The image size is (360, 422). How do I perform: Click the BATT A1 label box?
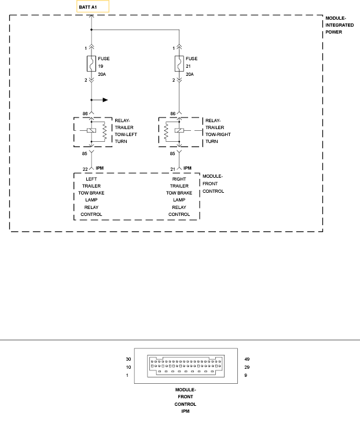[93, 7]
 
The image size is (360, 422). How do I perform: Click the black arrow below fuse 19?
[105, 100]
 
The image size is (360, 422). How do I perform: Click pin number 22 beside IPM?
[85, 168]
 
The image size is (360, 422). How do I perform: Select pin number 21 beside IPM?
[172, 168]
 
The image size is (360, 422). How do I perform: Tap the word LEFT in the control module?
[91, 179]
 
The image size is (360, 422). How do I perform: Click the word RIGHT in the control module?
[179, 179]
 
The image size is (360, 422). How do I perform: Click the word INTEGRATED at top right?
[339, 25]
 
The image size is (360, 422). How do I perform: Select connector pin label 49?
[247, 359]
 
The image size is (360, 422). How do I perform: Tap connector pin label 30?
[128, 359]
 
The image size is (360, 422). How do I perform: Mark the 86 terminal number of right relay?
[172, 114]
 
